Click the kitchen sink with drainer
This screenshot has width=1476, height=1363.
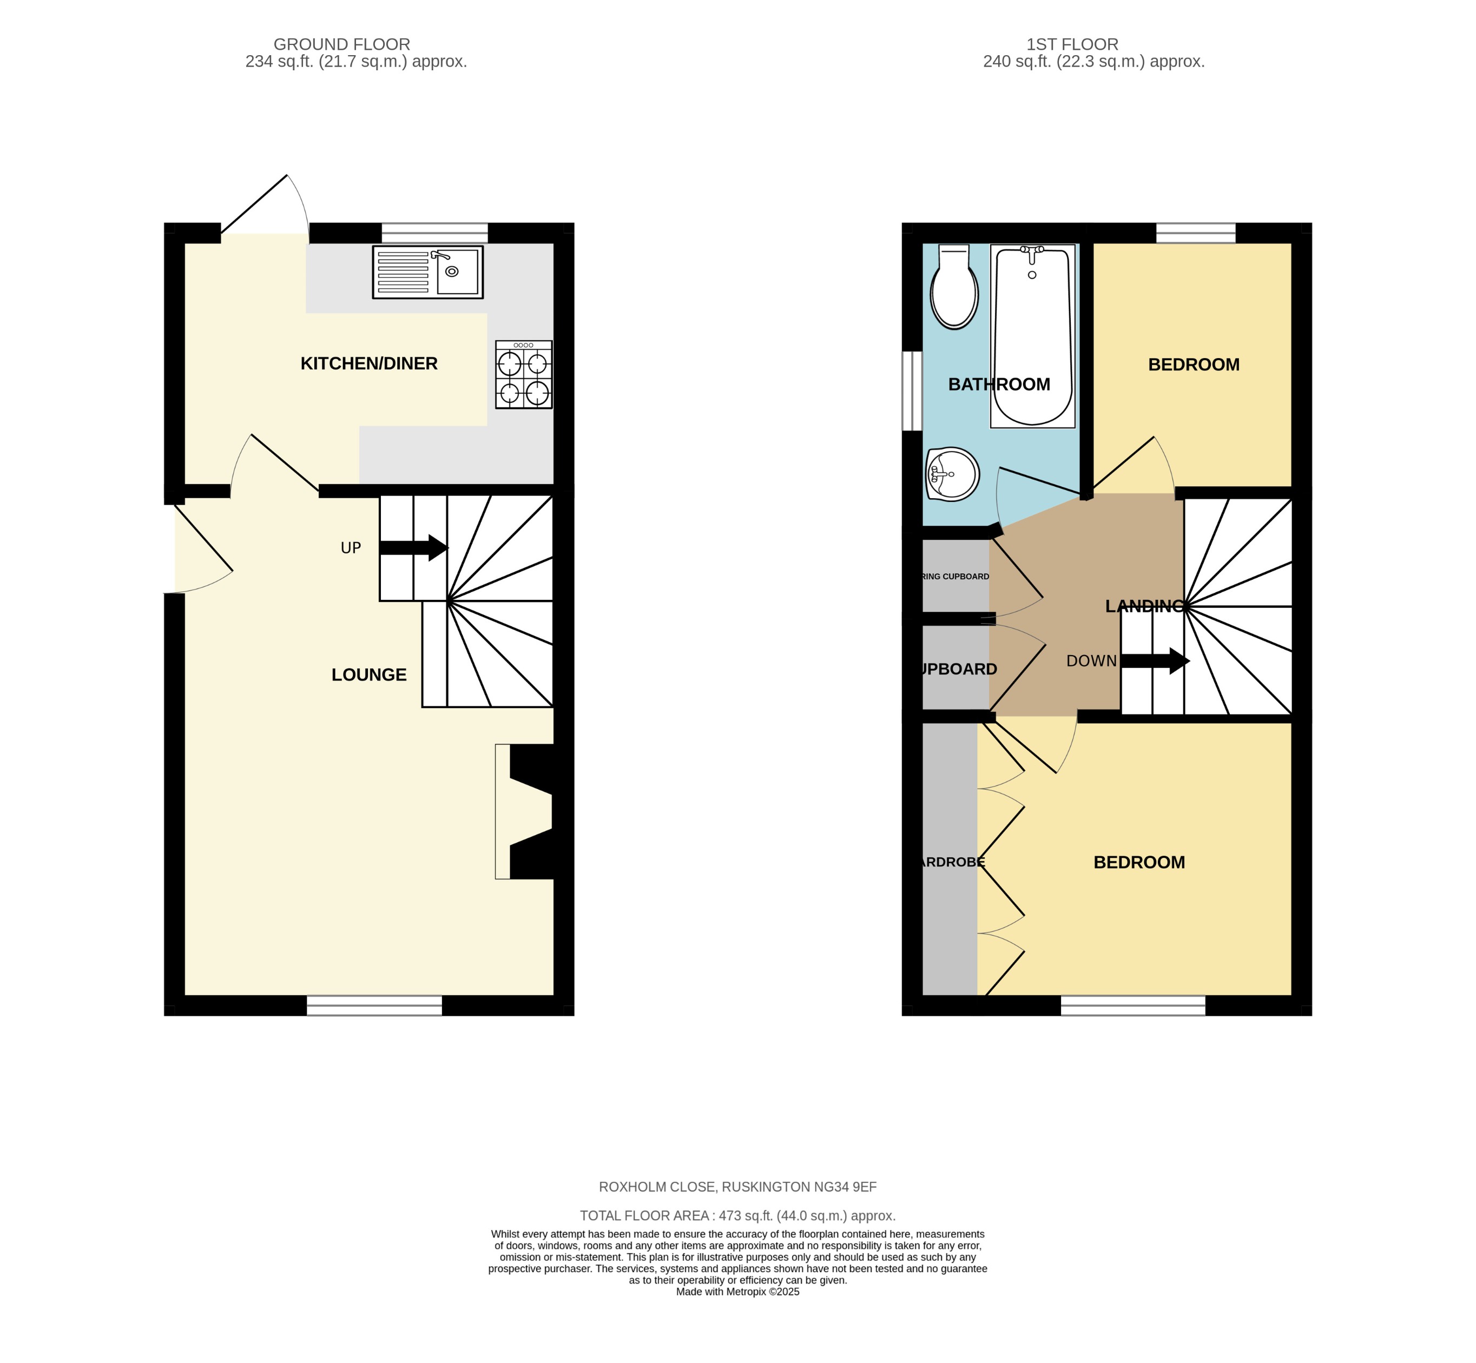coord(428,272)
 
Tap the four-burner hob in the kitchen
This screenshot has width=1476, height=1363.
coord(524,375)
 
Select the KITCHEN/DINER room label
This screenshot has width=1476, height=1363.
coord(369,363)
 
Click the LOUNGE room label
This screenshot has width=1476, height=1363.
coord(369,675)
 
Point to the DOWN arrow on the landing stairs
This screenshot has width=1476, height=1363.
coord(1155,661)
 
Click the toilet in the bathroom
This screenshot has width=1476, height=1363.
coord(954,288)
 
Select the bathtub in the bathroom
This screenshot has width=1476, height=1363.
coord(1032,336)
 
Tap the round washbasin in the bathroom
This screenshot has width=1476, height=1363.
coord(952,474)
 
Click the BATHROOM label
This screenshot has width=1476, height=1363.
coord(999,384)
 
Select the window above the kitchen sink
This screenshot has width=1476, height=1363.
coord(434,233)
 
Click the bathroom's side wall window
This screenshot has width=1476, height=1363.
coord(912,390)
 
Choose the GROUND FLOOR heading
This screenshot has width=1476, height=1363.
coord(341,44)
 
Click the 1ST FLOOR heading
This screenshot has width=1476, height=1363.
coord(1072,44)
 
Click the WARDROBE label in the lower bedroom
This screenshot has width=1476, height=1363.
coord(952,862)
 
